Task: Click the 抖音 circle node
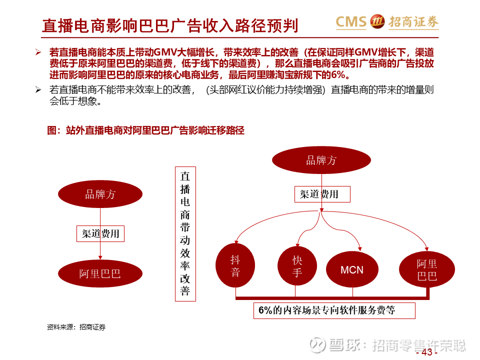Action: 235,265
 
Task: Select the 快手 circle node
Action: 297,265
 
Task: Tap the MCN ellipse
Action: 352,269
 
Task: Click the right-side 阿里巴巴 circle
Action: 426,269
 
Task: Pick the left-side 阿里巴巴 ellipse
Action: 100,273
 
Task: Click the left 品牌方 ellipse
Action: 100,194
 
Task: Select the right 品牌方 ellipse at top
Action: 321,160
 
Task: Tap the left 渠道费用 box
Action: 100,233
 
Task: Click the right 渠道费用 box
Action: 322,194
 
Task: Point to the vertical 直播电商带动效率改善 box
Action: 185,234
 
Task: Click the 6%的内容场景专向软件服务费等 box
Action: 334,310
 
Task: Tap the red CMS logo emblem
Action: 377,21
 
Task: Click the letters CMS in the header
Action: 351,21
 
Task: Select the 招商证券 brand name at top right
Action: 413,21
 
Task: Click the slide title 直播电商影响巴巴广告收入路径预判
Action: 170,25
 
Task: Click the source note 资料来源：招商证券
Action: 76,327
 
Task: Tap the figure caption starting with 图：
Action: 145,130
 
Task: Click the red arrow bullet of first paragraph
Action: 38,52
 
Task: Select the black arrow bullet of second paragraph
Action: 38,89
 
